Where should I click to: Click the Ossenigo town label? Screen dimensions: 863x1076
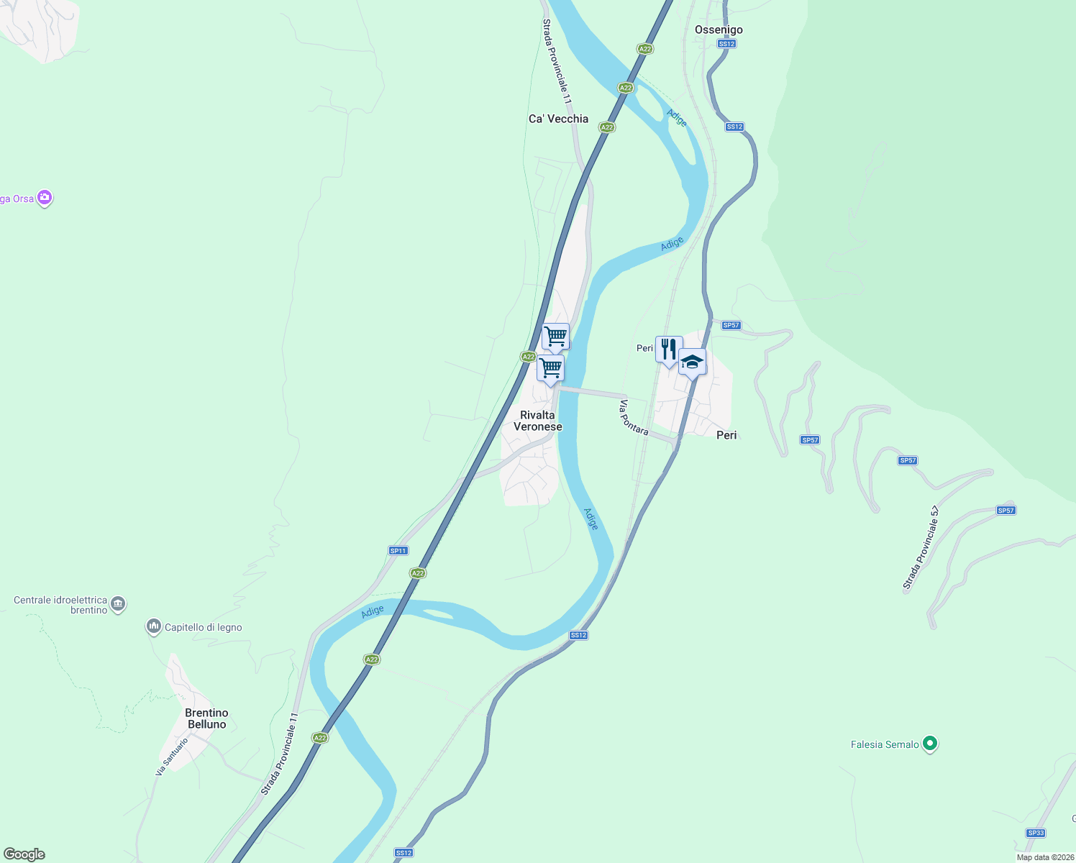[719, 29]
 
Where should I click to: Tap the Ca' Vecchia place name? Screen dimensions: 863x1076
[558, 119]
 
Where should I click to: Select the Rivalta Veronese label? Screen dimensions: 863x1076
[538, 421]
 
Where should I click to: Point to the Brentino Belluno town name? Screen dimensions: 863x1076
[206, 718]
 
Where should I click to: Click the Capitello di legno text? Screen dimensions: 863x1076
[204, 627]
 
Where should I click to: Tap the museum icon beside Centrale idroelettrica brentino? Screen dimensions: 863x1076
[119, 604]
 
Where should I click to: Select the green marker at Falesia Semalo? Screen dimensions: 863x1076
[930, 744]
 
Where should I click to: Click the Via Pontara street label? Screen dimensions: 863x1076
[634, 418]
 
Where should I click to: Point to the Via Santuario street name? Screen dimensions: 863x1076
[172, 756]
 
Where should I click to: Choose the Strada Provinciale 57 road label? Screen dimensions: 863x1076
[921, 548]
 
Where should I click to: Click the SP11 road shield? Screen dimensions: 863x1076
[398, 551]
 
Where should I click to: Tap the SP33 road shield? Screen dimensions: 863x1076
[1036, 833]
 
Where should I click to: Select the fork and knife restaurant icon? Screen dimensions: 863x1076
[669, 350]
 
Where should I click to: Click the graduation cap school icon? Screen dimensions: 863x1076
[692, 362]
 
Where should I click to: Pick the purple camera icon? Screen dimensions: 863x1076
[45, 198]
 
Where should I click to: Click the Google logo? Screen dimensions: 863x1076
[24, 854]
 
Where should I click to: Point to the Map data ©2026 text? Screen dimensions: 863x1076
[1044, 857]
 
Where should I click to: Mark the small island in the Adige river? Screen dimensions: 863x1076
[438, 614]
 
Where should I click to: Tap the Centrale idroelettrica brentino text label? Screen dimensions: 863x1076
[60, 605]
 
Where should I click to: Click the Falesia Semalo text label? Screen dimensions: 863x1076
[885, 744]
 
